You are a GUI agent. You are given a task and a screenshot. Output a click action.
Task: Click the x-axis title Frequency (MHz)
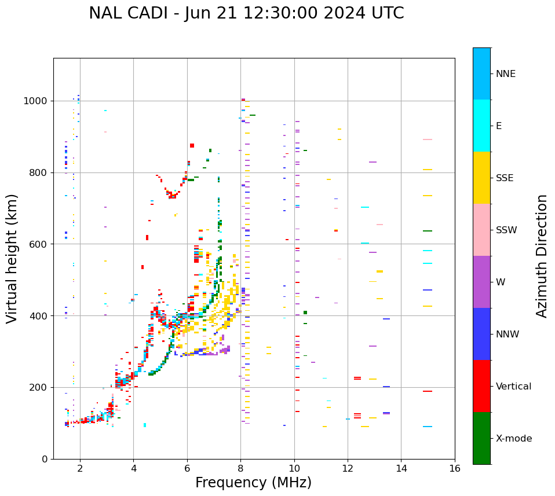(x=253, y=483)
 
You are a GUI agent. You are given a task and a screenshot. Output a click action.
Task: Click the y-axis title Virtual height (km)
(x=12, y=259)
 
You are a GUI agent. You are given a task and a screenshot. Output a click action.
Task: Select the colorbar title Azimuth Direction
(x=542, y=256)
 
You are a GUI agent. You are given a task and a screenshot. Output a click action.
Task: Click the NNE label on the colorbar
(x=505, y=74)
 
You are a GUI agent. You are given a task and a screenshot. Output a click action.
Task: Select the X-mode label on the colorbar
(x=514, y=439)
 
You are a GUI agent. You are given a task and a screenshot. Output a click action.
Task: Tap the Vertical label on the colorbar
(x=513, y=387)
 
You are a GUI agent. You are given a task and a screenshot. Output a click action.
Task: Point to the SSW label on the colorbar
(x=506, y=230)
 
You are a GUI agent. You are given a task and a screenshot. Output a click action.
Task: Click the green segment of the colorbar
(x=481, y=438)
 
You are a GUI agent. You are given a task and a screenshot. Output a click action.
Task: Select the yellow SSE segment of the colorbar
(x=481, y=178)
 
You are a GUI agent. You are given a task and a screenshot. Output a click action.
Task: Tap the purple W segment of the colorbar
(x=481, y=282)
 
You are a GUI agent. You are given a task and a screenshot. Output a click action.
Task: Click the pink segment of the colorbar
(x=481, y=230)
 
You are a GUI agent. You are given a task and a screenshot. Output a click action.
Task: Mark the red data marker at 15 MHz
(x=428, y=391)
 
